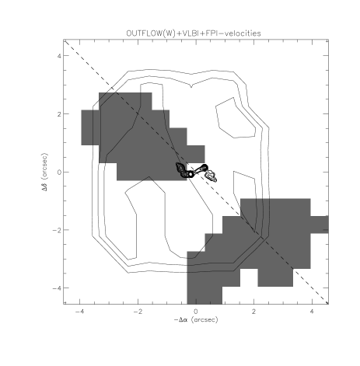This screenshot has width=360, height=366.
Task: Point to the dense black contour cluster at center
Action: pyautogui.click(x=187, y=170)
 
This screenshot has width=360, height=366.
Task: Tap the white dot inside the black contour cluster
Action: pyautogui.click(x=190, y=174)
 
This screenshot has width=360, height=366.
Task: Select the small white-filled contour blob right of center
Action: pyautogui.click(x=211, y=176)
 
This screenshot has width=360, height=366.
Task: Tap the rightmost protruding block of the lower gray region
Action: pyautogui.click(x=320, y=225)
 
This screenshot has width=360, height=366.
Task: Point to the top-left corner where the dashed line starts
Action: pyautogui.click(x=65, y=41)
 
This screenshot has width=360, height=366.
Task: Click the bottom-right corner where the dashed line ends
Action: pyautogui.click(x=327, y=303)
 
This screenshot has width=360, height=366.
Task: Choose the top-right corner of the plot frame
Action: pyautogui.click(x=328, y=40)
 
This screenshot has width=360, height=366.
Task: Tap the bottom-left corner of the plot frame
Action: pyautogui.click(x=64, y=304)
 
